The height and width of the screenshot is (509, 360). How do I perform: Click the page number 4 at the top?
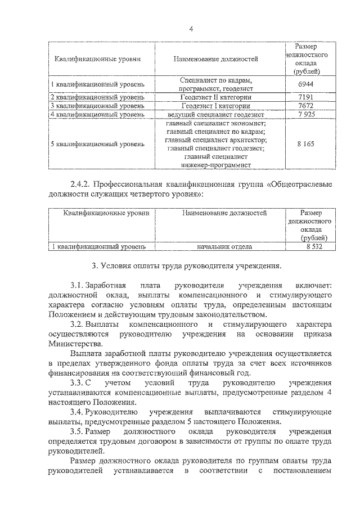191,29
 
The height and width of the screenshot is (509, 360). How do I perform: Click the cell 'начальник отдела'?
224,246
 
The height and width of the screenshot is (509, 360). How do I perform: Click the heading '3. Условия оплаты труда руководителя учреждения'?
186,266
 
